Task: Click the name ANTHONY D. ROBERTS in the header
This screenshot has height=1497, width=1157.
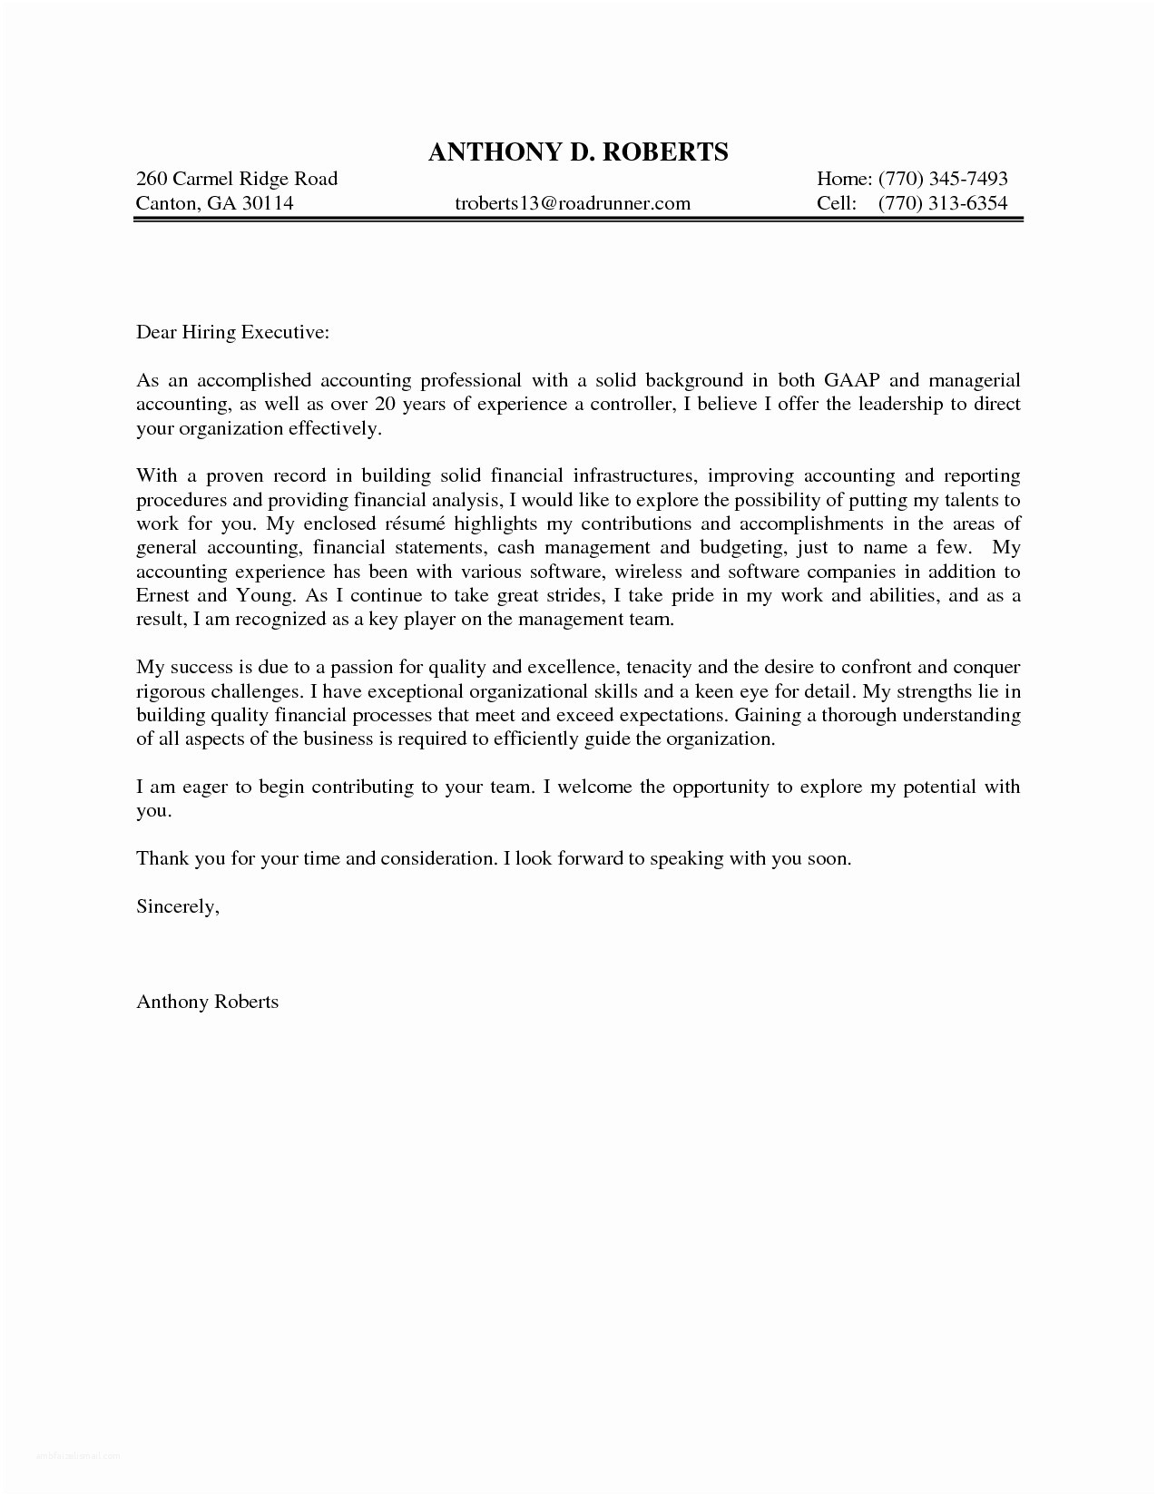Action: point(577,152)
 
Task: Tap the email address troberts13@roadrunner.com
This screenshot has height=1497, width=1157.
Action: point(572,203)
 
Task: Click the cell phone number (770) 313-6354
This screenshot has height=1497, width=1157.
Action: point(943,203)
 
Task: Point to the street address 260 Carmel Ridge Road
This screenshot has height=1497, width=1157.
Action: point(237,179)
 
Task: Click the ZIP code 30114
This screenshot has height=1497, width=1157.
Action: point(268,203)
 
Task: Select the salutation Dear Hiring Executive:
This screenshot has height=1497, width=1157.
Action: point(232,332)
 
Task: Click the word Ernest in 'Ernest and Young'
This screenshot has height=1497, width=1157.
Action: point(162,596)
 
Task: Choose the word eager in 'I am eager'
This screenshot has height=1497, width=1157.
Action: point(204,787)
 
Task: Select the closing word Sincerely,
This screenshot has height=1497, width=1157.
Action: point(178,906)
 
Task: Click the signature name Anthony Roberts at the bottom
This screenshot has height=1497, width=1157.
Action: point(207,1002)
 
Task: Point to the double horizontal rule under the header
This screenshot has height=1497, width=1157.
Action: point(577,220)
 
